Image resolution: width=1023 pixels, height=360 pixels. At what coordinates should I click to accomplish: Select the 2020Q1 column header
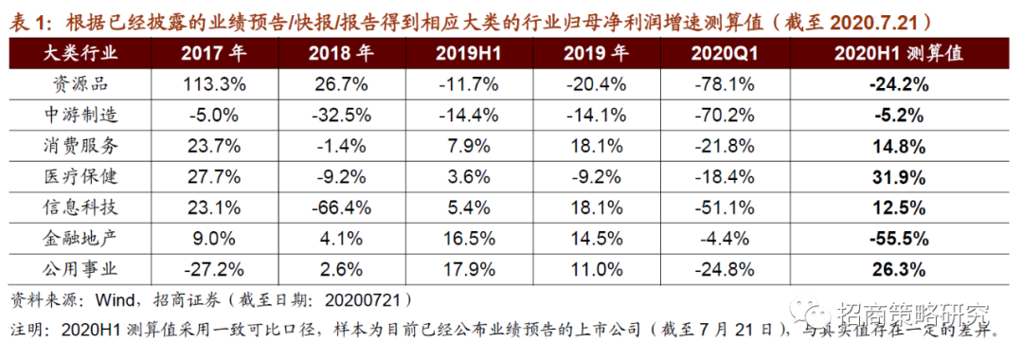pos(724,53)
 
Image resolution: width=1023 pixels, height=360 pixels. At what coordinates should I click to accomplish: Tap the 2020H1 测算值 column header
pos(899,53)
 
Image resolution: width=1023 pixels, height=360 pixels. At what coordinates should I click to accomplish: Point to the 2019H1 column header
pos(468,53)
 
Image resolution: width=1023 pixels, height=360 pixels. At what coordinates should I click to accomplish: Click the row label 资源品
pos(86,83)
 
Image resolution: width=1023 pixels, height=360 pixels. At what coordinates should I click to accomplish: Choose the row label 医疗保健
pos(86,176)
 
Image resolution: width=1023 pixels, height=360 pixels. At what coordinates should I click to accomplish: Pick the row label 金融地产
pos(86,238)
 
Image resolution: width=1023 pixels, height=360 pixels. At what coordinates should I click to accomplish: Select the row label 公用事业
pos(86,269)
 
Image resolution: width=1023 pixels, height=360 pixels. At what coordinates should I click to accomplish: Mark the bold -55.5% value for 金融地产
pos(899,238)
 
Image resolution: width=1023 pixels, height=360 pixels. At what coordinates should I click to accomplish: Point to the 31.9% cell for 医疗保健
pos(899,176)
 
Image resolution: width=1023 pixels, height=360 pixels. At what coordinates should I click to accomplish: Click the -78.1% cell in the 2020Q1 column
pos(724,83)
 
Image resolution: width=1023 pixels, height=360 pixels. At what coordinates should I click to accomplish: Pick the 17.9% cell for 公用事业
pos(468,269)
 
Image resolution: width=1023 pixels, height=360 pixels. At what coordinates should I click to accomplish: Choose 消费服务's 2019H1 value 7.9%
pos(468,146)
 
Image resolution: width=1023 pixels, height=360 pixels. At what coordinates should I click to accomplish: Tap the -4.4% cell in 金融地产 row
pos(724,238)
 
